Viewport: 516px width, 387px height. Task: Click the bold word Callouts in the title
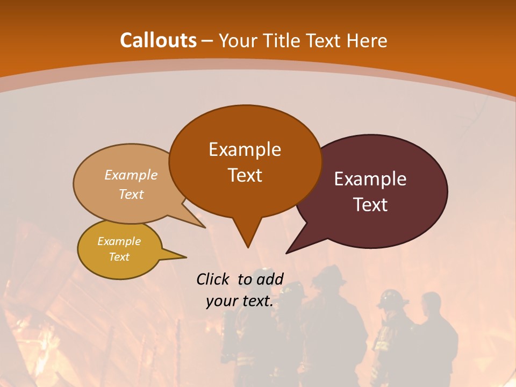point(158,40)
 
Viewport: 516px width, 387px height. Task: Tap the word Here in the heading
point(367,40)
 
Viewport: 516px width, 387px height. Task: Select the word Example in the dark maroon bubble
point(370,179)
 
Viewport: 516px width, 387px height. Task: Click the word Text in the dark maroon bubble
point(370,205)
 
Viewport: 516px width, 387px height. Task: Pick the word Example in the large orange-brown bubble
point(245,149)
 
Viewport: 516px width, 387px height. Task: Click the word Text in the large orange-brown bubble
point(245,175)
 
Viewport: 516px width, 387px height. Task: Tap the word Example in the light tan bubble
point(131,175)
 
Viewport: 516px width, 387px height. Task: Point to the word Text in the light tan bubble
point(131,194)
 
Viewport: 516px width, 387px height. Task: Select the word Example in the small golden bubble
point(119,241)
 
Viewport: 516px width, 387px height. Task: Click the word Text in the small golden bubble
point(119,257)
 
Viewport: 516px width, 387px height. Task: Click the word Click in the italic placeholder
point(214,279)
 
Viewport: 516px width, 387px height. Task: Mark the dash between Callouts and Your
point(208,41)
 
